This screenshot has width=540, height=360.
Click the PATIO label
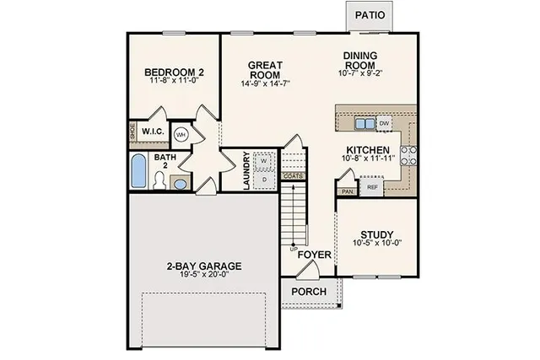[370, 15]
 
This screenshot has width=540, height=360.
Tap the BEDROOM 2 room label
[174, 73]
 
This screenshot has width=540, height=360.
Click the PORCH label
[309, 292]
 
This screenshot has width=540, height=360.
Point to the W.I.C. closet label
[153, 132]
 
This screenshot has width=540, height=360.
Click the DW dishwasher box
[384, 124]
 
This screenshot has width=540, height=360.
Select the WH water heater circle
[181, 134]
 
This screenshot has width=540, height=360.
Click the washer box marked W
[263, 159]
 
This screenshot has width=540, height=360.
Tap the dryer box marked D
[263, 179]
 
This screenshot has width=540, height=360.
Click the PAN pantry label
[347, 191]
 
